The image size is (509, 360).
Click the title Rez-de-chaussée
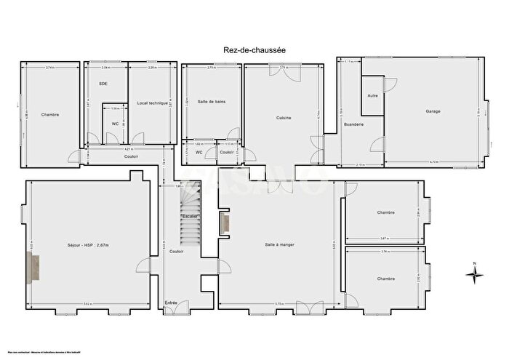coord(254,49)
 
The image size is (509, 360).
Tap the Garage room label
coord(433,111)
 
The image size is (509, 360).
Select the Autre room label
coord(373,96)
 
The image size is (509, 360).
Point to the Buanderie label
coord(354,124)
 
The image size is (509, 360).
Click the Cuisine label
coord(284,118)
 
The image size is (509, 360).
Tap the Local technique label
coord(152,103)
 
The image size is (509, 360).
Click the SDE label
coord(103,84)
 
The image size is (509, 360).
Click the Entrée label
coord(171,303)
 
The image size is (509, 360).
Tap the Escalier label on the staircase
coord(190,216)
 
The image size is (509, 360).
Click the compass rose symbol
coord(473,273)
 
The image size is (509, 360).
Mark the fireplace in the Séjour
coord(33,268)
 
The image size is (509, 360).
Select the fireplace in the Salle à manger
coord(225,223)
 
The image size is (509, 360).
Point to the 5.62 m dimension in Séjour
coord(87,303)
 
